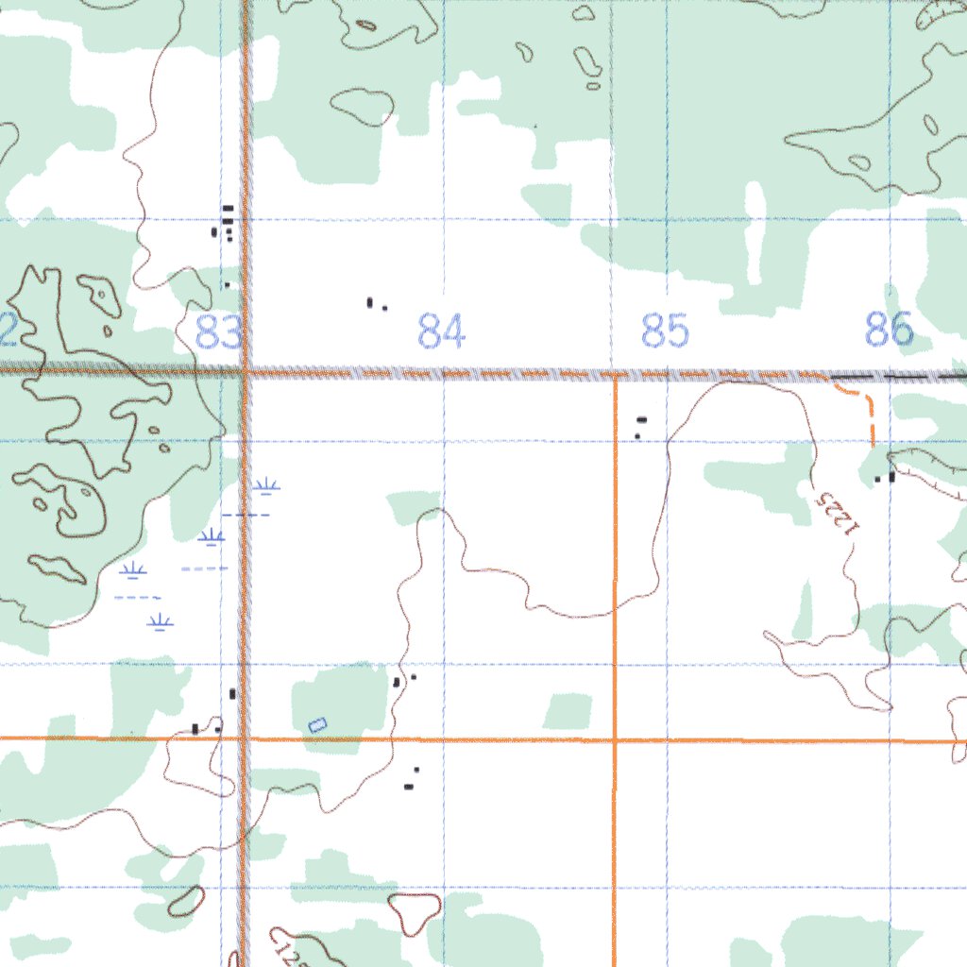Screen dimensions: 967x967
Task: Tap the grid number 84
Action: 442,332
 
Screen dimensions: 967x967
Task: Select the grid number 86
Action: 890,331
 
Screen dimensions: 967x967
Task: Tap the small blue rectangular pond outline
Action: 317,724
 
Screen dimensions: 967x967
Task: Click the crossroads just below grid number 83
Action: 245,373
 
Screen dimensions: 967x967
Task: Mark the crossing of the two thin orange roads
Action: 615,740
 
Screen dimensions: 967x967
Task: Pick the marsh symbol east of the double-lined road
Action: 267,487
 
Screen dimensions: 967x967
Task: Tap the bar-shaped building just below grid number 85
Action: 642,419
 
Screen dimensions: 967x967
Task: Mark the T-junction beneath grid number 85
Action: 615,376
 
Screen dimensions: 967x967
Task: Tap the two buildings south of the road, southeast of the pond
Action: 411,780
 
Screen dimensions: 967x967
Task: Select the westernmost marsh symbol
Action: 133,569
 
